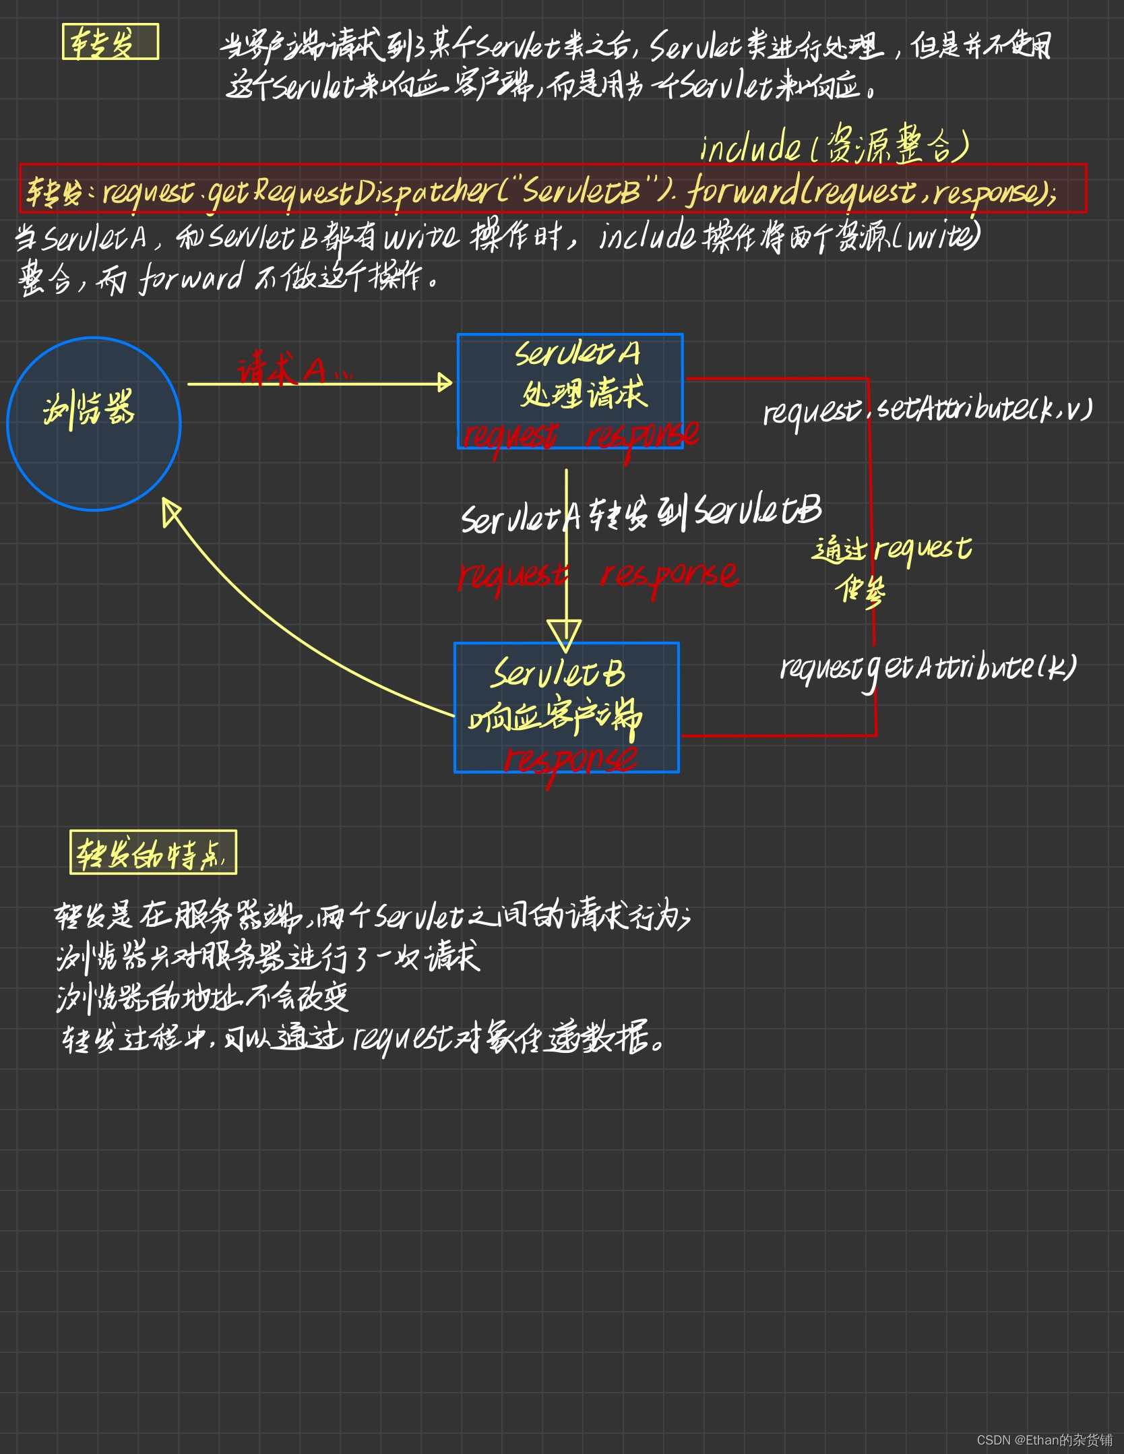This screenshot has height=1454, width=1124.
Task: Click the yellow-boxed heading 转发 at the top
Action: (110, 42)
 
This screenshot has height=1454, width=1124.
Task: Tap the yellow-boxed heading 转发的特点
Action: (153, 853)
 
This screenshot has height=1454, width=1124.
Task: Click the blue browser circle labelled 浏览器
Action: (94, 424)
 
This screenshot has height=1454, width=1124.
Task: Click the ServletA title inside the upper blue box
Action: (577, 353)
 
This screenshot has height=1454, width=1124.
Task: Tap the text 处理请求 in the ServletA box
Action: (584, 393)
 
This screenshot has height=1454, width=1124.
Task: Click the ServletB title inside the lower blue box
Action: (558, 673)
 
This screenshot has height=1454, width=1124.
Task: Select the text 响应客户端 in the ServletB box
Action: (555, 717)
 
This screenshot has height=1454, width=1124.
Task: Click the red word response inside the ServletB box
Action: (570, 760)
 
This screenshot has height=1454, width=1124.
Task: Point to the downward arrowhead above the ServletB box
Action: (565, 634)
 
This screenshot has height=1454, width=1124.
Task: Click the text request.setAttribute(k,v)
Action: (927, 409)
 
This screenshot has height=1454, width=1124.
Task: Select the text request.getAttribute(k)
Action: (928, 667)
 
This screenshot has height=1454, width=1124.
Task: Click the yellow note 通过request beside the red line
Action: (891, 549)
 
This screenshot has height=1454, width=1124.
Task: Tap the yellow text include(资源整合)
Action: (834, 145)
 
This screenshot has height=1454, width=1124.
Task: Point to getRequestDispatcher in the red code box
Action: (350, 193)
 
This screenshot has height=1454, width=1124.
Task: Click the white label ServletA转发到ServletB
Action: (641, 514)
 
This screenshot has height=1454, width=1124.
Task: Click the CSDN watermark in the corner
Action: (1044, 1440)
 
